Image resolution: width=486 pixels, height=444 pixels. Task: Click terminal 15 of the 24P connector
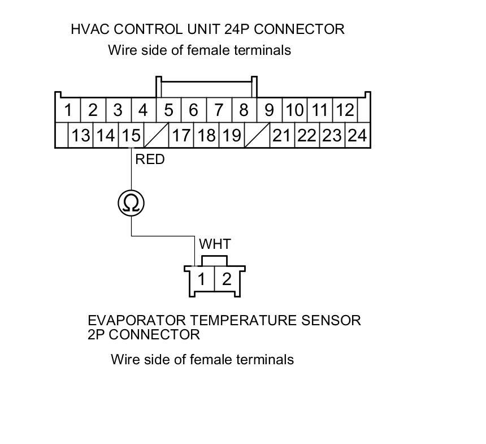(131, 136)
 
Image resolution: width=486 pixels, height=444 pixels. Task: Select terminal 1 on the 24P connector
(68, 110)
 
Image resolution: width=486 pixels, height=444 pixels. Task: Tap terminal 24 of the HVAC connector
(357, 136)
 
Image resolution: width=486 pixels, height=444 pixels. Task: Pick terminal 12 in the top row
(344, 110)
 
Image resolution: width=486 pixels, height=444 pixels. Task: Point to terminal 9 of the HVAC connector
(269, 110)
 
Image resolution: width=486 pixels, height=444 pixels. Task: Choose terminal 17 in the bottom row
(181, 136)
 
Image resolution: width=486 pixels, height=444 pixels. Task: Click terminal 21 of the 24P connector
(281, 136)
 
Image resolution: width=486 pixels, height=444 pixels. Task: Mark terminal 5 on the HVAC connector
(168, 110)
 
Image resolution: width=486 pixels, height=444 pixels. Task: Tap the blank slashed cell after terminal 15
(157, 136)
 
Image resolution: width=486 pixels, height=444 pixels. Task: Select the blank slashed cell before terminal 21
(257, 136)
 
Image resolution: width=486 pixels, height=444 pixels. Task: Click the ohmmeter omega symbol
(131, 203)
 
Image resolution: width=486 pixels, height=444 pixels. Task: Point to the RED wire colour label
(150, 160)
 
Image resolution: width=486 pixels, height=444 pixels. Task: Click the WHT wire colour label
(215, 244)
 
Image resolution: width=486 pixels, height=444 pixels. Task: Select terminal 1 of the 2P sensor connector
(202, 279)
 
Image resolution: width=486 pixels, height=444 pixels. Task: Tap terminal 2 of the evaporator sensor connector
(227, 279)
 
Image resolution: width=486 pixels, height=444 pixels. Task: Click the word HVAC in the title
(89, 29)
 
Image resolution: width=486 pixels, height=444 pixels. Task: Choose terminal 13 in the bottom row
(81, 136)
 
